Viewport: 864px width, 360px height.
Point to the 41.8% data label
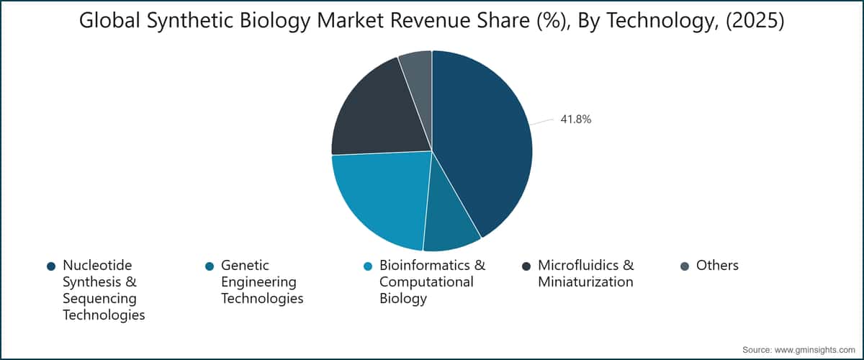coord(575,120)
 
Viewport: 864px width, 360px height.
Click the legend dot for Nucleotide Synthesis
coord(51,266)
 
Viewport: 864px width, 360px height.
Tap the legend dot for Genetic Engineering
coord(210,266)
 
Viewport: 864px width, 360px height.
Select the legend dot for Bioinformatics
coord(368,266)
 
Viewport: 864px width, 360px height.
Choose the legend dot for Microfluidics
coord(526,266)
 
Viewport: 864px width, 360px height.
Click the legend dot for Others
coord(685,266)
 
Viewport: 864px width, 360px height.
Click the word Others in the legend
coord(717,266)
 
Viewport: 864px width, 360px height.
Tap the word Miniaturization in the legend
coord(585,282)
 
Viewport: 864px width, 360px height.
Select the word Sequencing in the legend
coord(99,299)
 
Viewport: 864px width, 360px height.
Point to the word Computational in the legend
coord(426,282)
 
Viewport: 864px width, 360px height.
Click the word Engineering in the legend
coord(258,282)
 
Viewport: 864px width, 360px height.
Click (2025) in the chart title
coord(755,20)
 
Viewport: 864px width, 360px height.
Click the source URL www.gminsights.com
coord(814,350)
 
